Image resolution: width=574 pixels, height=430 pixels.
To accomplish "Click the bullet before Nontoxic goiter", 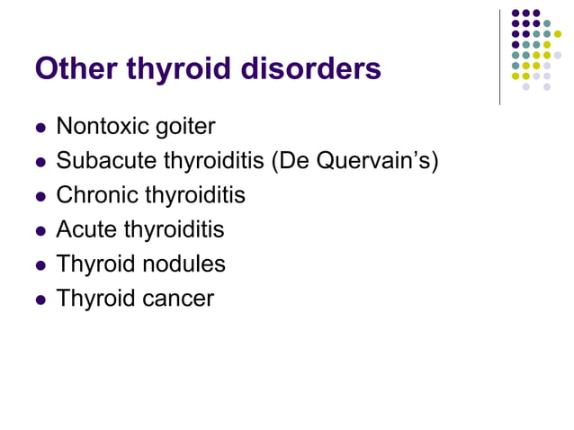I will [40, 127].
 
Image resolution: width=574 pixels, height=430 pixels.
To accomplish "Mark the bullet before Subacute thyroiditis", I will [40, 162].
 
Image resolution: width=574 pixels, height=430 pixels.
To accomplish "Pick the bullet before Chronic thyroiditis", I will [40, 196].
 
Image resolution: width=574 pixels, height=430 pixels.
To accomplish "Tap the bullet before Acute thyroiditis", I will [40, 230].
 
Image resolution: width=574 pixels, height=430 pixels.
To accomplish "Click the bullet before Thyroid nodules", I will [40, 265].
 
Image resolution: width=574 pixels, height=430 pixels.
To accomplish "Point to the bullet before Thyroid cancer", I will [40, 300].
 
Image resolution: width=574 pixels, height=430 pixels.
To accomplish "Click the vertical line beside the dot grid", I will [499, 54].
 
